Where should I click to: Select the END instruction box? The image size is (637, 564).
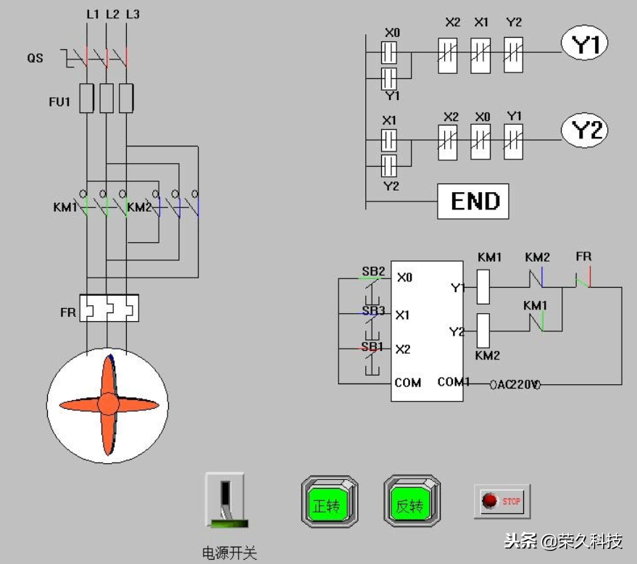[472, 201]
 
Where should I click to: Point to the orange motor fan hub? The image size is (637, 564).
[108, 404]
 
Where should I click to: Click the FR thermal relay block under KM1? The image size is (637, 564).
[109, 308]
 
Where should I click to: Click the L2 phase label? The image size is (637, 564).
[112, 14]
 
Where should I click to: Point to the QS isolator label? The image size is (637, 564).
[36, 57]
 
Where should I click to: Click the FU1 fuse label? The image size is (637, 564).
[59, 101]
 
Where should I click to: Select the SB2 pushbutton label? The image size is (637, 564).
[373, 272]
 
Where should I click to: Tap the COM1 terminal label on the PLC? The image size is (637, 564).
[454, 382]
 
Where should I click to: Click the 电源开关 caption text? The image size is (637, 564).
[229, 553]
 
